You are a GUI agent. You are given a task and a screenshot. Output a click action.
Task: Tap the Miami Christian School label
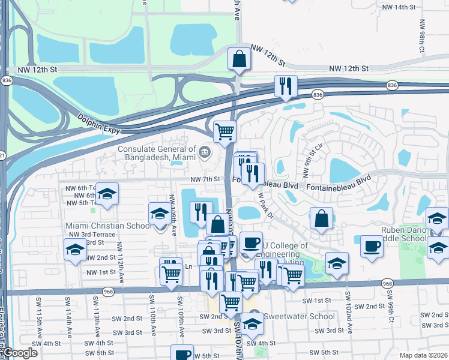109,226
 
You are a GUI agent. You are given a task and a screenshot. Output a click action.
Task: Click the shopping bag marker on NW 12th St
239,60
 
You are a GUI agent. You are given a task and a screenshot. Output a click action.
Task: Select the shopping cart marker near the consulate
224,130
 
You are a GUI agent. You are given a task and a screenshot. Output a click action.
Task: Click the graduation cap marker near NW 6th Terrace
107,194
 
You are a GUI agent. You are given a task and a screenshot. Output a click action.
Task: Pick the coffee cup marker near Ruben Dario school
372,246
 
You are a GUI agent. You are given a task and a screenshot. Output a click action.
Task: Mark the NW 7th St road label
205,179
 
